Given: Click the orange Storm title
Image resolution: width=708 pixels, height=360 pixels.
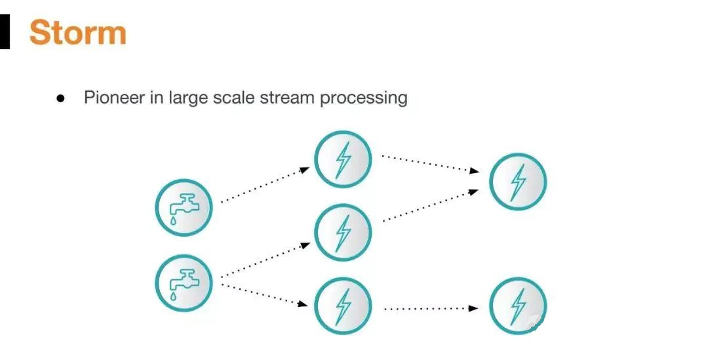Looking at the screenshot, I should [77, 31].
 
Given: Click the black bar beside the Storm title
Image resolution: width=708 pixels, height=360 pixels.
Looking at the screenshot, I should [5, 32].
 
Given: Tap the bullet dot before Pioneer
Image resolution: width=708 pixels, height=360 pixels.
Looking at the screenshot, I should [60, 98].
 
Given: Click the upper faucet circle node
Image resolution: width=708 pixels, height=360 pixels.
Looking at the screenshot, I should [184, 208].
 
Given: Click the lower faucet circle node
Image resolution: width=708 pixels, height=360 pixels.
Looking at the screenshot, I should [184, 283].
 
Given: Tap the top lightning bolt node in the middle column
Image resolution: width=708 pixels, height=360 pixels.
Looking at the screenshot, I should [343, 159].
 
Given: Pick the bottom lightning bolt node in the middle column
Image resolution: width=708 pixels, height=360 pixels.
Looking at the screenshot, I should [343, 306].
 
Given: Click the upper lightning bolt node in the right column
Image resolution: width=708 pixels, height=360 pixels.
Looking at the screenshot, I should [518, 182].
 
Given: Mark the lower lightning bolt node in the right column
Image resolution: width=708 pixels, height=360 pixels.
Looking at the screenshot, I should [518, 306].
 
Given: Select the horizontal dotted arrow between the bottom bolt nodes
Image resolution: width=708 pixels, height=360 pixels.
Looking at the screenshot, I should [430, 308].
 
